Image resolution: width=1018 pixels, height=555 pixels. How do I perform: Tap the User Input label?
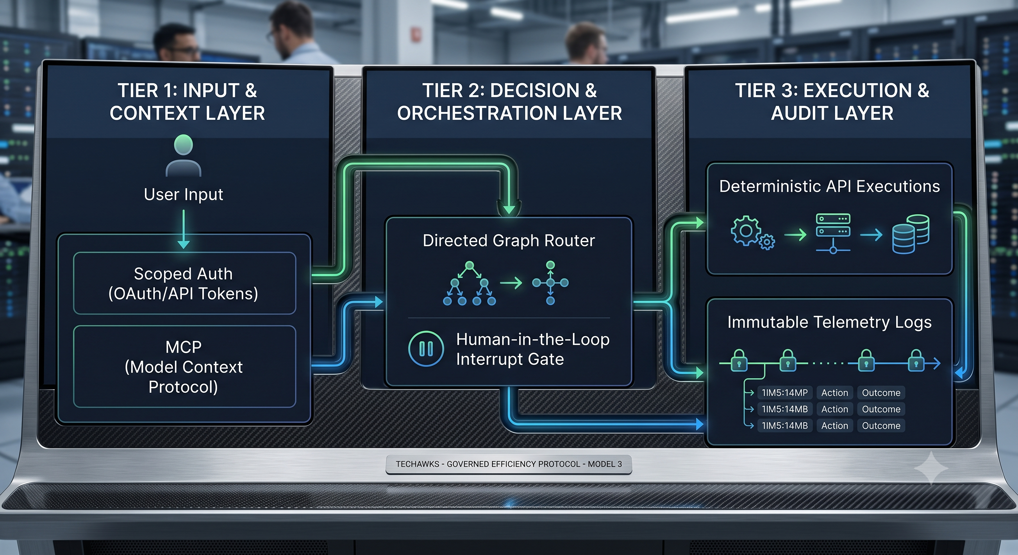pyautogui.click(x=183, y=194)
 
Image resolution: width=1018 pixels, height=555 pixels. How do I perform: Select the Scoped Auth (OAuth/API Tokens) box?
pyautogui.click(x=185, y=283)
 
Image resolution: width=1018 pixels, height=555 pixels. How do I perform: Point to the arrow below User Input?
pyautogui.click(x=183, y=229)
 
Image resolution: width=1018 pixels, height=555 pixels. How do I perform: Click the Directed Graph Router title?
pyautogui.click(x=509, y=240)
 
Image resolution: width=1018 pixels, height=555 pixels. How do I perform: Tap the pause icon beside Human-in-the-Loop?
pyautogui.click(x=426, y=349)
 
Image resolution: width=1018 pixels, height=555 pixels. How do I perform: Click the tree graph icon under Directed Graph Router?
pyautogui.click(x=470, y=283)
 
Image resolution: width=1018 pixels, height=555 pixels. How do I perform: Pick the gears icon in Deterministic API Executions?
pyautogui.click(x=752, y=233)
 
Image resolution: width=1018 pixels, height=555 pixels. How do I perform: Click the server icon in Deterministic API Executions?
pyautogui.click(x=833, y=233)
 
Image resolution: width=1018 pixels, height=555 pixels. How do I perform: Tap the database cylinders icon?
pyautogui.click(x=911, y=234)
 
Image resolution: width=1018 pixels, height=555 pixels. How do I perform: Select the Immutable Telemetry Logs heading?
pyautogui.click(x=830, y=322)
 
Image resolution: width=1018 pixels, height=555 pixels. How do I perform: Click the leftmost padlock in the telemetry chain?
pyautogui.click(x=739, y=361)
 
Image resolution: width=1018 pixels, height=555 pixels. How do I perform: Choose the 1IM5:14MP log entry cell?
pyautogui.click(x=784, y=393)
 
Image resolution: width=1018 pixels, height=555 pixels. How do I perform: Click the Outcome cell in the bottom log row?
pyautogui.click(x=881, y=425)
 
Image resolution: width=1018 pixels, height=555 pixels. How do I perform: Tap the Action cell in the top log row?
pyautogui.click(x=835, y=393)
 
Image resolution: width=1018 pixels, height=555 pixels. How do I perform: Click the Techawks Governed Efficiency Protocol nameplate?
pyautogui.click(x=509, y=464)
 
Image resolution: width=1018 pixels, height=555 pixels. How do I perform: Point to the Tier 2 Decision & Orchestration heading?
pyautogui.click(x=509, y=102)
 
